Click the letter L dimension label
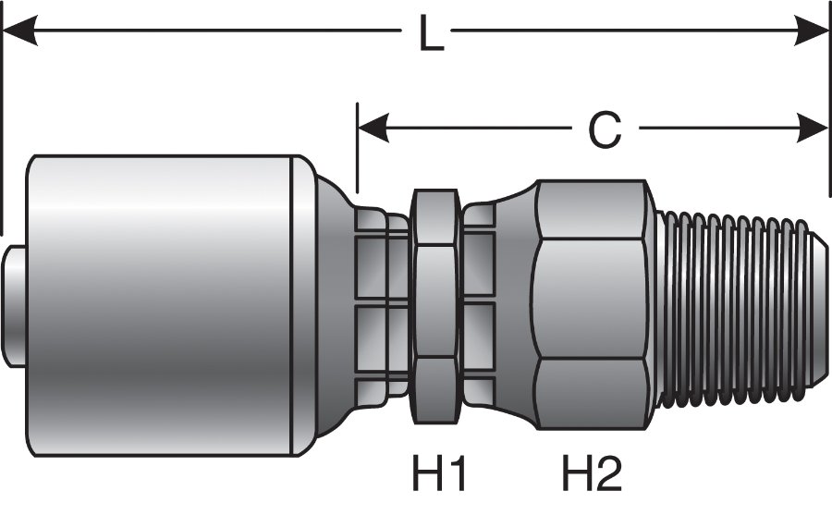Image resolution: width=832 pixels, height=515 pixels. click(428, 35)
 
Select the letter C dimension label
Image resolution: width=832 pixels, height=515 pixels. click(605, 130)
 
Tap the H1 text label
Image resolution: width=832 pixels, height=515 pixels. click(438, 476)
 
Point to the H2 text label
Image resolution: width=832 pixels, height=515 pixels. click(592, 476)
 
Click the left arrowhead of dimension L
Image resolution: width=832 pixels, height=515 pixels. click(18, 34)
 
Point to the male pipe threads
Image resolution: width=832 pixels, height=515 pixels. click(730, 305)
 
